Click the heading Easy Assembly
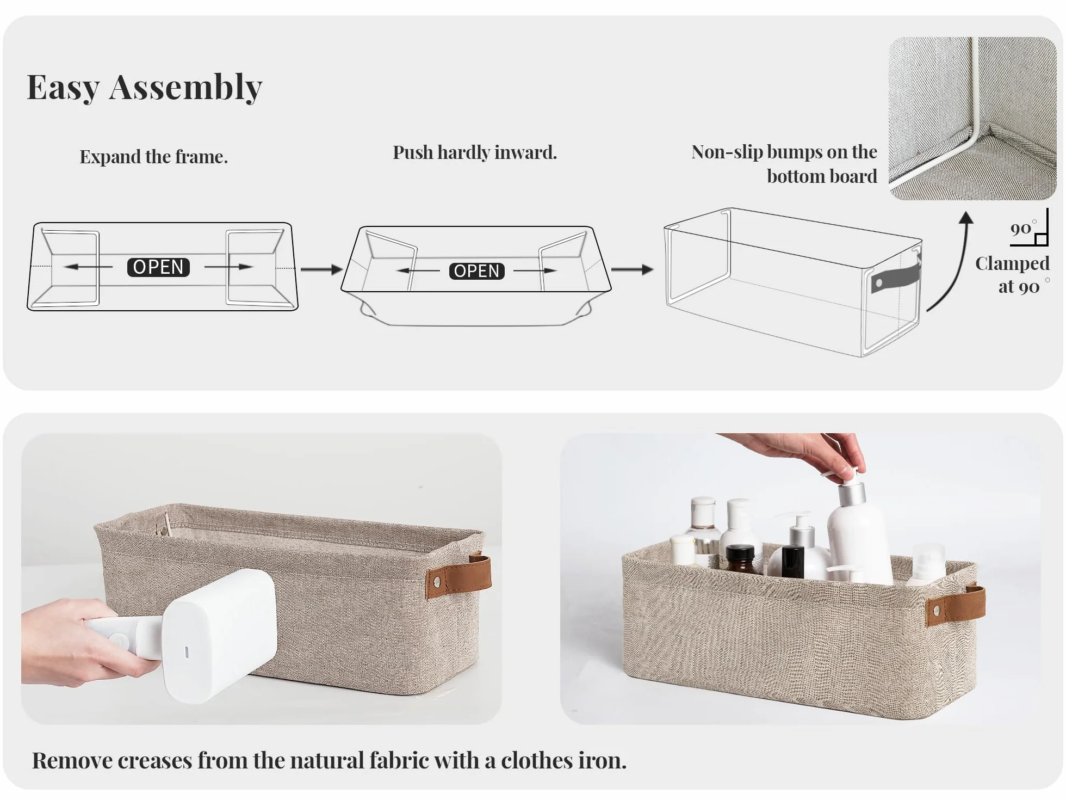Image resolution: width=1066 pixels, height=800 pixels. (x=145, y=87)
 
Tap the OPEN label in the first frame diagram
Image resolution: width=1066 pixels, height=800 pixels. (x=158, y=267)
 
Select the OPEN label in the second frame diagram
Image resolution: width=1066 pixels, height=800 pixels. (x=476, y=271)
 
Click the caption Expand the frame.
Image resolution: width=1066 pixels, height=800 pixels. (x=154, y=157)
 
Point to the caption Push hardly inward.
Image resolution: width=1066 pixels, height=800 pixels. (x=475, y=152)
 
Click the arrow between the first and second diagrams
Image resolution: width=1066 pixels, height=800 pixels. (x=321, y=269)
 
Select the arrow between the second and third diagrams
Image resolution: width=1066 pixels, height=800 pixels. (x=632, y=269)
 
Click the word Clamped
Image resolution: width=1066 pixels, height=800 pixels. (x=1012, y=263)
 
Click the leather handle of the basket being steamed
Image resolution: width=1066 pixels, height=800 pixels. (x=460, y=576)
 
